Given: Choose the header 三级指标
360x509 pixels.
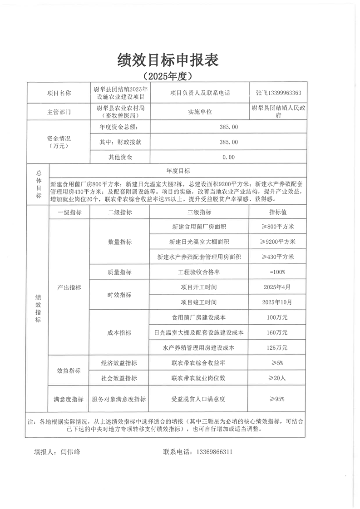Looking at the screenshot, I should [199, 212].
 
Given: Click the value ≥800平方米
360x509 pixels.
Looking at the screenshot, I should [278, 226].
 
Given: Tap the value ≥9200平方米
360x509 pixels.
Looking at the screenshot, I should [278, 241].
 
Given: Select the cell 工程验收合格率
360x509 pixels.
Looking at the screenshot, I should [199, 272].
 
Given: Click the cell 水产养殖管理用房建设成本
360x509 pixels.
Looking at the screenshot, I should [199, 348].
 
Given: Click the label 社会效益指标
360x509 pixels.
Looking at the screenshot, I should [119, 378].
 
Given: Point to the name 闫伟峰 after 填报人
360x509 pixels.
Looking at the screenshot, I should [69, 452].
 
